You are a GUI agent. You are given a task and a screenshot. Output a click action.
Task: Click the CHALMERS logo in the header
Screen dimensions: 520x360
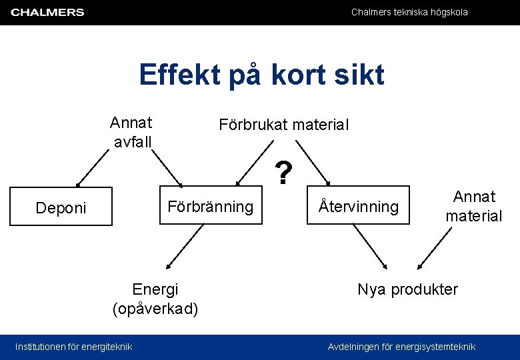(47, 12)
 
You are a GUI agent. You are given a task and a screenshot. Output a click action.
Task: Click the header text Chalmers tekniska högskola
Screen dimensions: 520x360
(409, 12)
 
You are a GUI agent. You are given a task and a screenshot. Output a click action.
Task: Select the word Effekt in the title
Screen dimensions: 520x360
(180, 75)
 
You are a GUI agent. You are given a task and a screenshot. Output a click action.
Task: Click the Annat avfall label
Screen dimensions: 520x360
(131, 132)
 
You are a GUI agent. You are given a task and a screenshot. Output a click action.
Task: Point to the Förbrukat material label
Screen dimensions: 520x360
(283, 125)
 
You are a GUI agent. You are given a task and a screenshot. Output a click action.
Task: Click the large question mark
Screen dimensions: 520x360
(284, 174)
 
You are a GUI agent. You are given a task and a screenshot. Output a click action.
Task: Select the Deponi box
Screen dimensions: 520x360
(61, 207)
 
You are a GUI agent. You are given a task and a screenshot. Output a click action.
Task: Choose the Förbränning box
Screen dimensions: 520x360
(210, 207)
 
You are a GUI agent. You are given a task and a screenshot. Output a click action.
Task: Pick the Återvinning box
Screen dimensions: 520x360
(358, 207)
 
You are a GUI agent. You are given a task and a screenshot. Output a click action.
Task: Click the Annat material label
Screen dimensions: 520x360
(474, 206)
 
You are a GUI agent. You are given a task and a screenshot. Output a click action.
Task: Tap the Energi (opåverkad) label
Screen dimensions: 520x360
(155, 299)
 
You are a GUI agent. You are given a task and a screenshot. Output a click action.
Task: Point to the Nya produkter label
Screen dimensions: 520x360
(407, 289)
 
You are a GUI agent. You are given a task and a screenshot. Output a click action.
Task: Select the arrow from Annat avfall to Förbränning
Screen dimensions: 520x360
(166, 167)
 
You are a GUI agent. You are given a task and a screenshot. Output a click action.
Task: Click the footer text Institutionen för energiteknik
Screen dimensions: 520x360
(73, 346)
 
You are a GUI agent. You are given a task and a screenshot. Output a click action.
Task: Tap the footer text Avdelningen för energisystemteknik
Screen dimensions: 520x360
(401, 346)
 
